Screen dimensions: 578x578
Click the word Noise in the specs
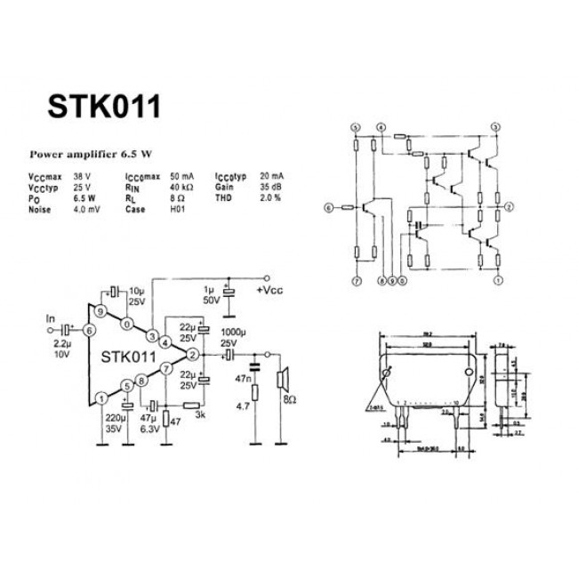point(39,209)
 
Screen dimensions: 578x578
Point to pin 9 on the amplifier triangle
point(102,311)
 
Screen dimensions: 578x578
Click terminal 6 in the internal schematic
point(328,207)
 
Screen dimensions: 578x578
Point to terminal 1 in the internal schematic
point(498,279)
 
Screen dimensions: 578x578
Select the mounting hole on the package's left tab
point(389,373)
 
